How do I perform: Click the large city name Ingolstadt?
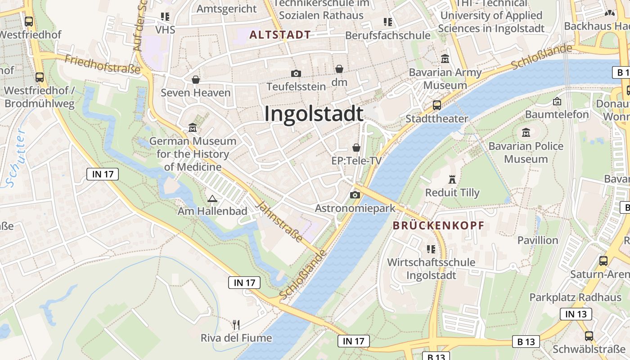(314, 113)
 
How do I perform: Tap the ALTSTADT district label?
(280, 35)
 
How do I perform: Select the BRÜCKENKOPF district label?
(438, 226)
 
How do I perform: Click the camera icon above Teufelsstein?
(296, 73)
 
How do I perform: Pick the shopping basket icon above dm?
(339, 69)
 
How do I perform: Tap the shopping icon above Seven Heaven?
(196, 80)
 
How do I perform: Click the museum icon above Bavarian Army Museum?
(445, 58)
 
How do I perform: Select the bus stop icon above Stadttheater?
(436, 105)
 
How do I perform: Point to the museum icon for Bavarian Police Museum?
(526, 133)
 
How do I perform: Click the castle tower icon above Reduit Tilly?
(452, 179)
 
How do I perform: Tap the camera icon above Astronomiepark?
(355, 195)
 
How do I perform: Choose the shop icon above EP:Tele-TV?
(356, 148)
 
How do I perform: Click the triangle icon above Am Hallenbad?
(212, 198)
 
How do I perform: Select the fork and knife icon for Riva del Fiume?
(236, 324)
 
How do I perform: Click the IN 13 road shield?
(576, 314)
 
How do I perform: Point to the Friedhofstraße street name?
(103, 64)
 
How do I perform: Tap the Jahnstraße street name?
(279, 221)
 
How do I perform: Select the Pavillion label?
(538, 240)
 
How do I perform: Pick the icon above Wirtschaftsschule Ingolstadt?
(431, 249)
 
